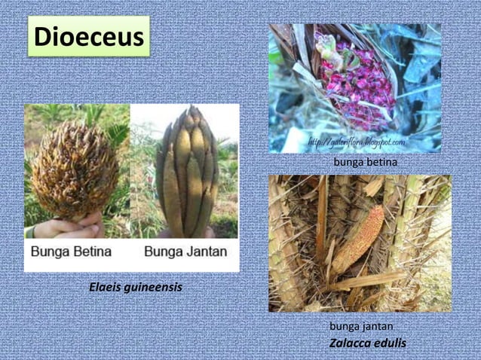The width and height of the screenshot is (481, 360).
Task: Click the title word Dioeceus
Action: (89, 37)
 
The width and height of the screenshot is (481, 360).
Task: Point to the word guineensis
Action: (155, 288)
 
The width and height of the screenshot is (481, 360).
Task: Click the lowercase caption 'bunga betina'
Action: (365, 162)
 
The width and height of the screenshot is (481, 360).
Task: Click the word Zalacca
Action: (351, 343)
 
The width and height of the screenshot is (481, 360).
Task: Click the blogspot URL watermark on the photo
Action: (356, 142)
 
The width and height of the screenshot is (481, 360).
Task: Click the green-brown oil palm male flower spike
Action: (188, 173)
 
